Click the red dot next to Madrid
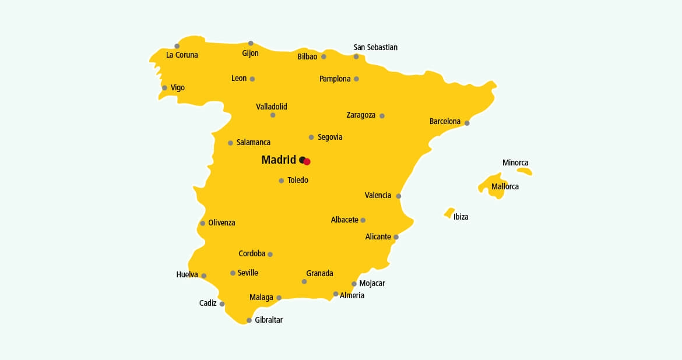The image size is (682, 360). tap(307, 162)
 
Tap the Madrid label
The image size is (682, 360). tap(279, 160)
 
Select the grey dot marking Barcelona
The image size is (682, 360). tap(467, 123)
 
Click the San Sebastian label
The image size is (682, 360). tap(375, 47)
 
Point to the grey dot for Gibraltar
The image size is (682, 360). tap(249, 320)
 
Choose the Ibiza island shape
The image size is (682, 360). tap(449, 213)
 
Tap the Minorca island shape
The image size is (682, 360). tap(525, 171)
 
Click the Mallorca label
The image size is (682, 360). tap(505, 187)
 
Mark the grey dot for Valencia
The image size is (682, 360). tap(399, 196)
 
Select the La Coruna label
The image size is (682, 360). tap(182, 55)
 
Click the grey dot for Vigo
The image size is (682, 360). tap(164, 88)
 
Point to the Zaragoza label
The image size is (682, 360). tap(361, 115)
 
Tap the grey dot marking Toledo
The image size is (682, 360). tap(281, 181)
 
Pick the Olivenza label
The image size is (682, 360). tap(222, 223)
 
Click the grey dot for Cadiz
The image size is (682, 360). tap(222, 304)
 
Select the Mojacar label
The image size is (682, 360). tap(372, 284)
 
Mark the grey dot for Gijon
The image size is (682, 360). tap(251, 43)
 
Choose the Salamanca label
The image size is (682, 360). tap(253, 143)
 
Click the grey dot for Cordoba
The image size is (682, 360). tap(270, 255)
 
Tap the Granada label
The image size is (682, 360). tap(319, 273)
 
